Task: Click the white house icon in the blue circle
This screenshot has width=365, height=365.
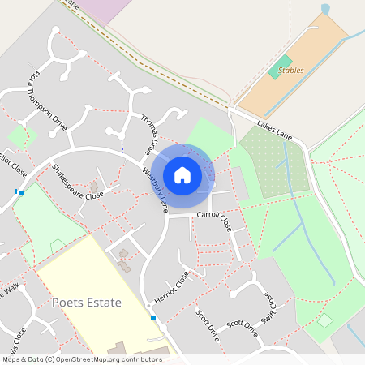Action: coord(182,174)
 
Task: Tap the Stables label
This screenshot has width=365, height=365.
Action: coord(290,71)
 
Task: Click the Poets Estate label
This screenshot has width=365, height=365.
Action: coord(86,303)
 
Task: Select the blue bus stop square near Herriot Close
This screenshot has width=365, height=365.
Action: coord(152,318)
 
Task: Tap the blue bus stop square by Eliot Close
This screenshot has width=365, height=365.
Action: coord(20,193)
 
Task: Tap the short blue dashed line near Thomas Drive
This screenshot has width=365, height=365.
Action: coord(122,145)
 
